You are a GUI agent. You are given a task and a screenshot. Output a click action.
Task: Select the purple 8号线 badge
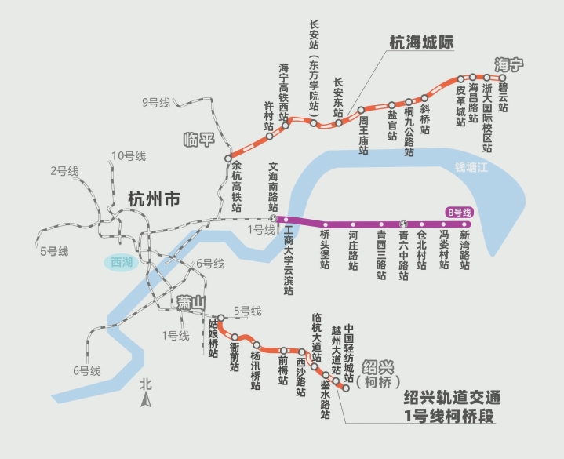pyautogui.click(x=457, y=212)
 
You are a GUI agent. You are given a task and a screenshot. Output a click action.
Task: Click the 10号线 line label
pyautogui.click(x=129, y=155)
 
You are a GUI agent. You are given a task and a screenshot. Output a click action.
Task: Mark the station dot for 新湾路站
pyautogui.click(x=464, y=224)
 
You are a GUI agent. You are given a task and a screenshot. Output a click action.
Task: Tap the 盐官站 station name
pyautogui.click(x=391, y=125)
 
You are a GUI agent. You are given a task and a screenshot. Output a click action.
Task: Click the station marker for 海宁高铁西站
pyautogui.click(x=285, y=123)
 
